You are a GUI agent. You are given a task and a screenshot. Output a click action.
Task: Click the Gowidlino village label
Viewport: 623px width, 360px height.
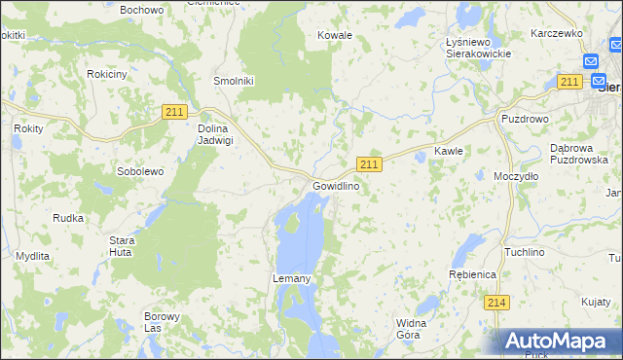(336, 186)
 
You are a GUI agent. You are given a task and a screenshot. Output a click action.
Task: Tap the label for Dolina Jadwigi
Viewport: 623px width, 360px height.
(215, 133)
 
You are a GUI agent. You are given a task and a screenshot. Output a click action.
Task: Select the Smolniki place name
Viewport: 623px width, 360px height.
(234, 82)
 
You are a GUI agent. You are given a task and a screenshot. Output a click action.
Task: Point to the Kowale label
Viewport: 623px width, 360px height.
(335, 35)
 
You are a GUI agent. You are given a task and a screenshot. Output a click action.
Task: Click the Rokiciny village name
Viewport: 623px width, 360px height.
(107, 74)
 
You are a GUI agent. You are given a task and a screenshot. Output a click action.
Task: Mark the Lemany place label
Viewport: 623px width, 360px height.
(290, 279)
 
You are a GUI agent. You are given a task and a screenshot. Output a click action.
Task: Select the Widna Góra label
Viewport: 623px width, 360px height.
(408, 328)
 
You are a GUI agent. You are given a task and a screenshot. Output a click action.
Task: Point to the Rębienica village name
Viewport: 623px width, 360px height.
(473, 275)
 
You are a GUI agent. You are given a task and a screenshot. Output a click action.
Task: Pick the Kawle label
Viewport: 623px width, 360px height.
(448, 152)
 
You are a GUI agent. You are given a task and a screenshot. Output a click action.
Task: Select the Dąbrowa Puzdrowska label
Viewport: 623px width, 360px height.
(578, 154)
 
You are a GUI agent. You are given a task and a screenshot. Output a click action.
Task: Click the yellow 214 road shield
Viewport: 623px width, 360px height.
(496, 303)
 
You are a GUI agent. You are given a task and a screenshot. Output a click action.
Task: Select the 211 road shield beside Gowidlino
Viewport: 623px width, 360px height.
(369, 163)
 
